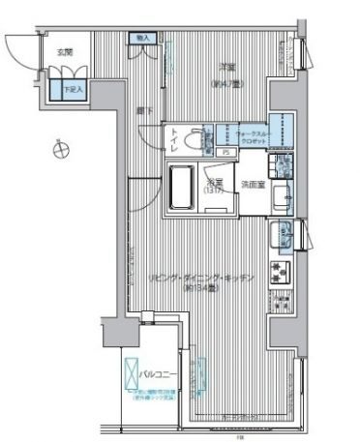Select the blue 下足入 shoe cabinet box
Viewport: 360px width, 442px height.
point(74,90)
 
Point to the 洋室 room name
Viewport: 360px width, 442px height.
point(227,65)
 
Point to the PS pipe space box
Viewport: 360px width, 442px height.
point(225,152)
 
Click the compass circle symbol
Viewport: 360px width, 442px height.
point(60,148)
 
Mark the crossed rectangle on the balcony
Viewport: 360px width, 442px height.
point(132,371)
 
